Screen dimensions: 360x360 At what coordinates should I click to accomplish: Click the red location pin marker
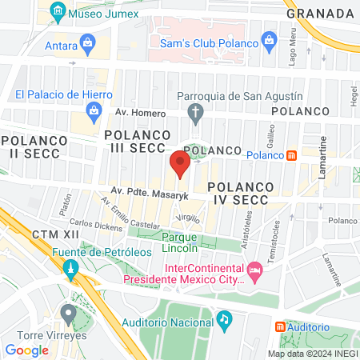(x=180, y=163)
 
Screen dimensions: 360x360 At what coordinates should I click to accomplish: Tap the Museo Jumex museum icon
(x=57, y=13)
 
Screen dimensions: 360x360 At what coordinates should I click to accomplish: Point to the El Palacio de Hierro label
(x=61, y=94)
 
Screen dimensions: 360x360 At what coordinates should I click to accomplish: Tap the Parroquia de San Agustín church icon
(x=194, y=114)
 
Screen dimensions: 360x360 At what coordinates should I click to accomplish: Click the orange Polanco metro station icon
(x=292, y=154)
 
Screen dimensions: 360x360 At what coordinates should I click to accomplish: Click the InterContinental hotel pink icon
(x=255, y=274)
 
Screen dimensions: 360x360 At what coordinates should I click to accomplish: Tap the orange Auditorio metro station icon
(x=280, y=326)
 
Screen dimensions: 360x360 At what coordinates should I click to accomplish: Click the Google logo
(x=26, y=350)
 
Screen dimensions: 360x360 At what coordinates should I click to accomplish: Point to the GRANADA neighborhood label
(x=320, y=14)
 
